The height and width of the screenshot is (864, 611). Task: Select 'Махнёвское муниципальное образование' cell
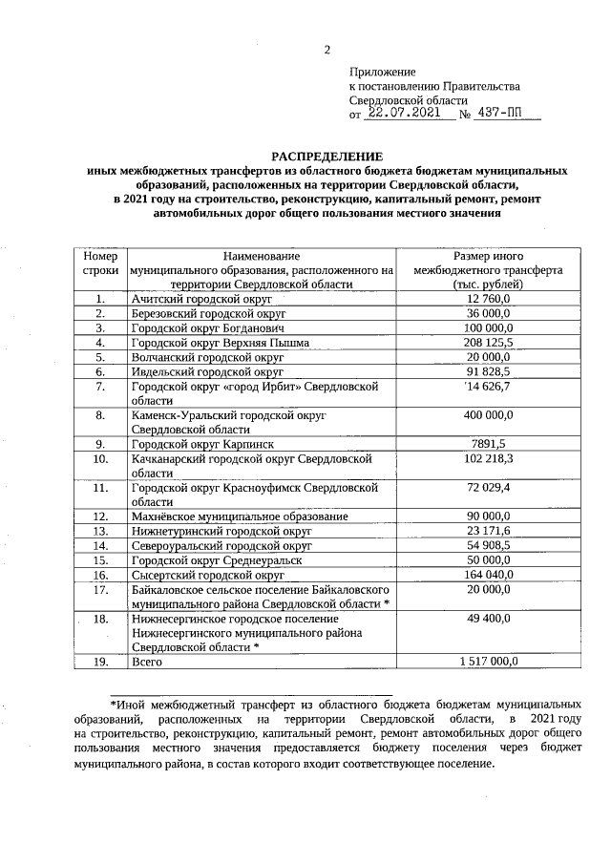239,516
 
